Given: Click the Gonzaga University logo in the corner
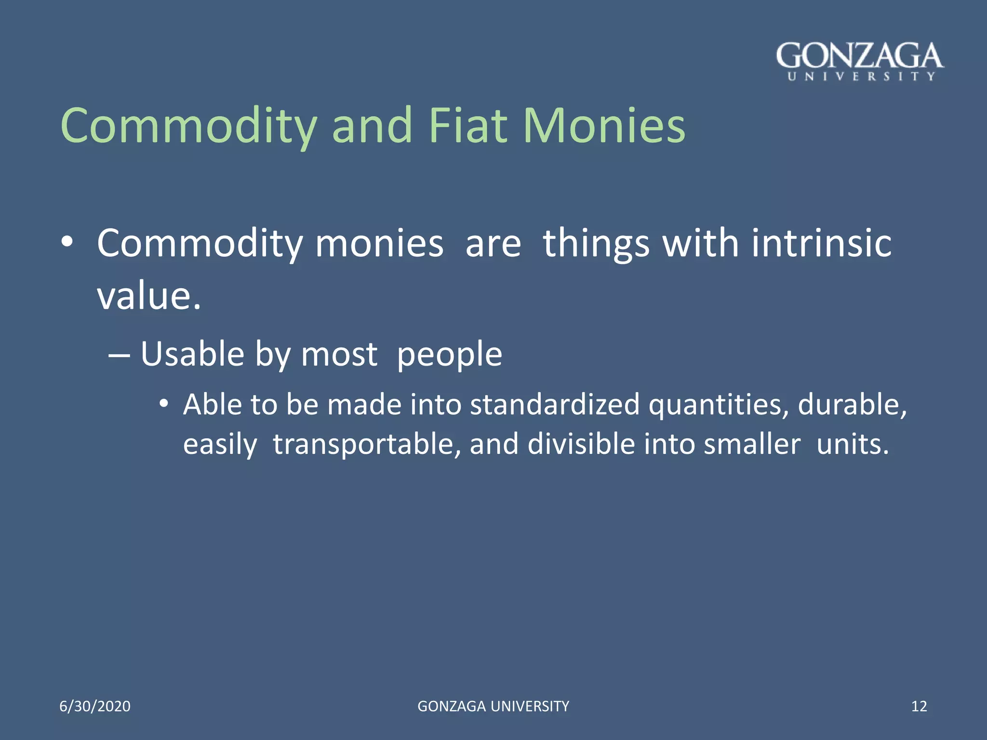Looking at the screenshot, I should pos(860,62).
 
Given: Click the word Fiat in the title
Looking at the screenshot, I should pos(467,126).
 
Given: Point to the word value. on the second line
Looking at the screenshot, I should pos(149,296).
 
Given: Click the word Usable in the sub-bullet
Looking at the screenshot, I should pos(192,355).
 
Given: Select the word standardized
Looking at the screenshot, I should pos(554,405).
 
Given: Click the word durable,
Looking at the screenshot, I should pos(852,405).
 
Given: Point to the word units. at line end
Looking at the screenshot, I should pos(853,444).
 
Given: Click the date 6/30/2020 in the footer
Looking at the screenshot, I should pos(95,706).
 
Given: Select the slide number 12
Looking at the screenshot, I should pos(919,706).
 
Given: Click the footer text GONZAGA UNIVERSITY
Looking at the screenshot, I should pos(493,706).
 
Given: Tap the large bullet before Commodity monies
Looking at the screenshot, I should pos(67,242).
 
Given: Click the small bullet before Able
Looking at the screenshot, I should pos(164,403).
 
